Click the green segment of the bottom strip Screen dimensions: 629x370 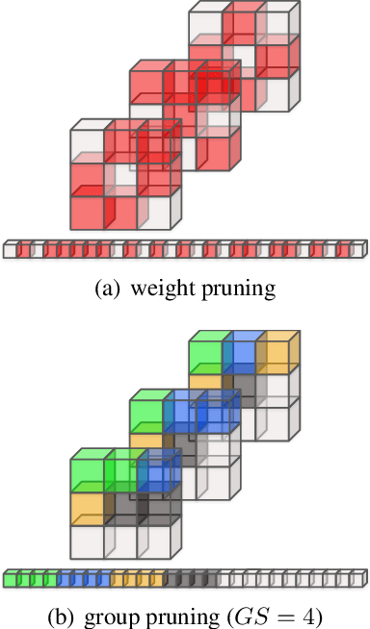(30, 579)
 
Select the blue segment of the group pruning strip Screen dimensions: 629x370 (83, 579)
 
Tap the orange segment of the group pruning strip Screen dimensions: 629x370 (137, 579)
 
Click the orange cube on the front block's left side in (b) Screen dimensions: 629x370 (87, 510)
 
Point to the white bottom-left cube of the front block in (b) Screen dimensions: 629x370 (87, 541)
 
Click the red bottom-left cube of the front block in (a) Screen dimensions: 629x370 (87, 212)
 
